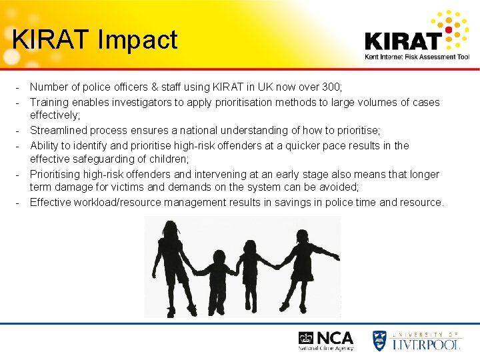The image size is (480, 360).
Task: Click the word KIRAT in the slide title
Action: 51,39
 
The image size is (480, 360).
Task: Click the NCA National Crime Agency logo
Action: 326,340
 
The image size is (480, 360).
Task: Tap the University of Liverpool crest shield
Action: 380,340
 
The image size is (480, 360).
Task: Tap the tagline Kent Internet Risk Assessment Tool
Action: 417,57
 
